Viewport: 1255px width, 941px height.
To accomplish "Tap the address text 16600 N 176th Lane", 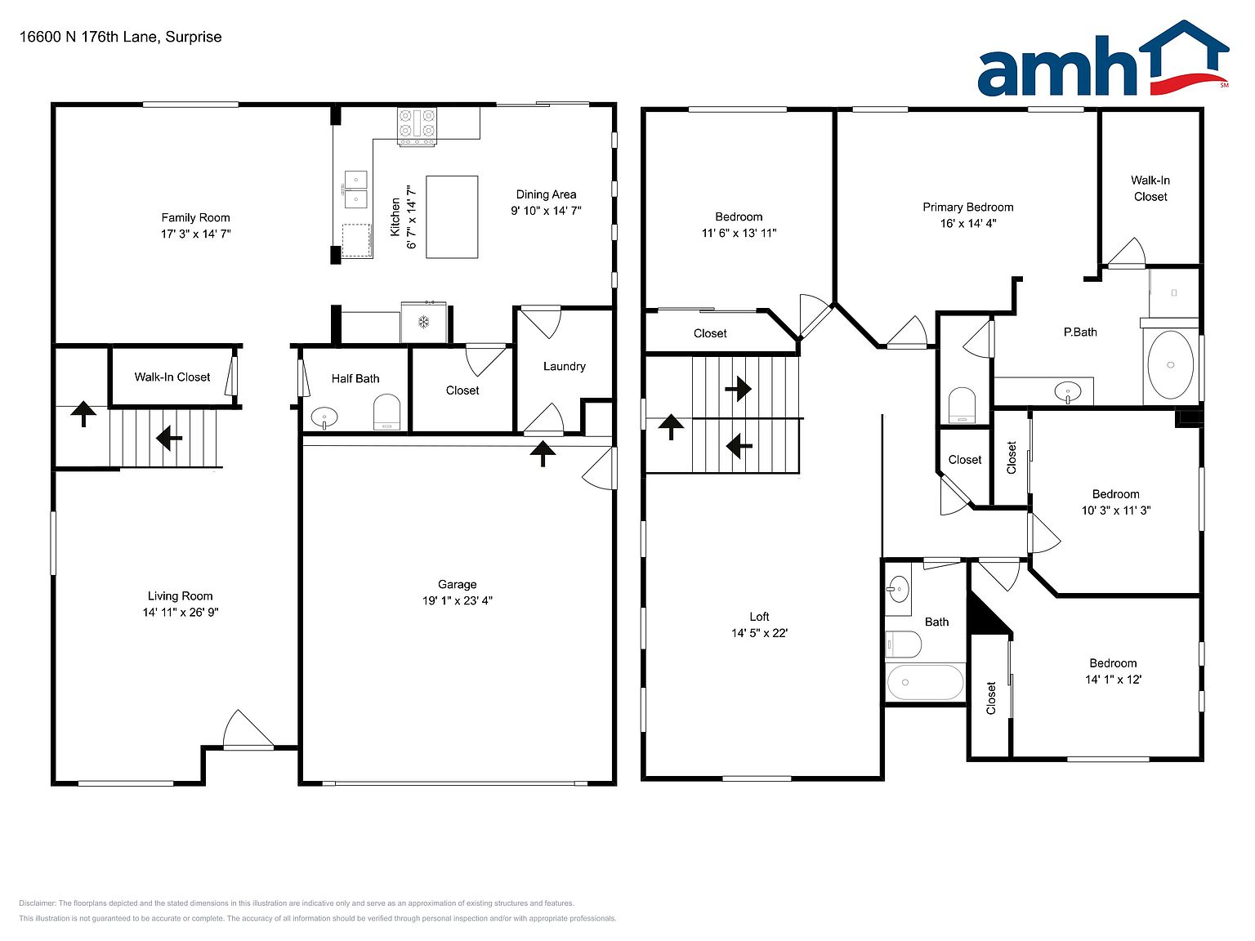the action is tap(88, 37).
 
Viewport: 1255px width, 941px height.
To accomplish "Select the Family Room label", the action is tap(195, 217).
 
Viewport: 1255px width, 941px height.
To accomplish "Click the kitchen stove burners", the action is tap(417, 123).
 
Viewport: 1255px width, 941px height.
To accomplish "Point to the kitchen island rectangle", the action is tap(452, 217).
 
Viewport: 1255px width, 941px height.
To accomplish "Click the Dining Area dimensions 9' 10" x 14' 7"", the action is tap(546, 211).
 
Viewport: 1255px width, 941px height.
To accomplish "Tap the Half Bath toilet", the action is tap(386, 412).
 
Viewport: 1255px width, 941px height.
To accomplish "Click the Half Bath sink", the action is tap(324, 417).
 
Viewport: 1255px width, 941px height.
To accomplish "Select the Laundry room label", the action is tap(565, 366).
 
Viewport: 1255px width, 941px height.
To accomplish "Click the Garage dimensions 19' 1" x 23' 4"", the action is tap(458, 600).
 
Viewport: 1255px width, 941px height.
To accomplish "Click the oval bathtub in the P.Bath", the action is tap(1170, 364).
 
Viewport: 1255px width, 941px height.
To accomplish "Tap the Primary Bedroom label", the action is tap(968, 207).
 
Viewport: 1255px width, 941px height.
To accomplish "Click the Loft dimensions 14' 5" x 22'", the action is tap(759, 633).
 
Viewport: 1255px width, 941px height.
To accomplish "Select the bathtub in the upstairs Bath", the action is tap(925, 682).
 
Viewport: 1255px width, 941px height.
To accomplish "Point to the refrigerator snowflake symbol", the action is tap(424, 322).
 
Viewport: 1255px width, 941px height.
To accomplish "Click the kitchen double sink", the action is tap(355, 190).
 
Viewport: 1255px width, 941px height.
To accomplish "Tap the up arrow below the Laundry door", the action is tap(543, 454).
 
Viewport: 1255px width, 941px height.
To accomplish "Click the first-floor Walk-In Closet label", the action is tap(172, 377).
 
